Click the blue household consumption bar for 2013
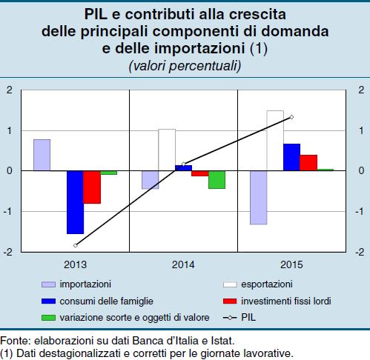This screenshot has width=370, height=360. coord(75,202)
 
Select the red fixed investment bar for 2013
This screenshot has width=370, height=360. coord(92,187)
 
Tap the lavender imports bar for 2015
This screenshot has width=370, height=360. coord(259,198)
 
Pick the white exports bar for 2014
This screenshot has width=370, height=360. coord(167,150)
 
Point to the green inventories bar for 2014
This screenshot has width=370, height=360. coord(217,179)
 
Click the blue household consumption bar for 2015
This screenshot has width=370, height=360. coord(291,157)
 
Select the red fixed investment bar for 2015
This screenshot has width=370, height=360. coord(308,163)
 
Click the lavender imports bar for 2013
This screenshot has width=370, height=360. coord(42,155)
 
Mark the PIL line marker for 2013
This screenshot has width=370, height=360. coord(76,245)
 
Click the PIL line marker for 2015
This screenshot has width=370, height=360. coord(291,117)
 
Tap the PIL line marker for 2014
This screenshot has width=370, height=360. coord(183,164)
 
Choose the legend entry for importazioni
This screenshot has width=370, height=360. coord(76,284)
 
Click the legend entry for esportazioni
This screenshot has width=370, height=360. coord(258,284)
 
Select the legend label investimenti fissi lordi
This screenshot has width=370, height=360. coord(286,301)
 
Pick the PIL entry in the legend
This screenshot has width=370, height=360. coord(239,318)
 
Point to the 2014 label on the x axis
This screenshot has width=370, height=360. coord(183,264)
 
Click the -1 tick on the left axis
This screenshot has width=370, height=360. coord(8,212)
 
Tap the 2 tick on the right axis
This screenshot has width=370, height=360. coord(361,90)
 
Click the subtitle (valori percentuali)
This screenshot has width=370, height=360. coord(185,66)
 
